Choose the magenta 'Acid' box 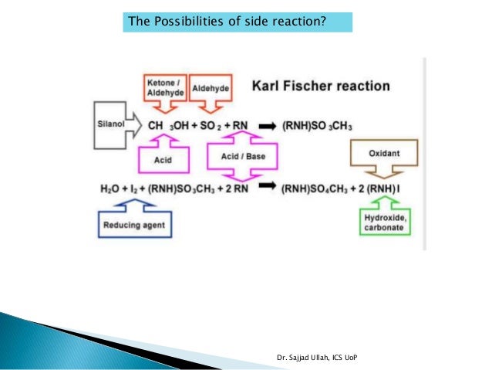coord(162,159)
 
